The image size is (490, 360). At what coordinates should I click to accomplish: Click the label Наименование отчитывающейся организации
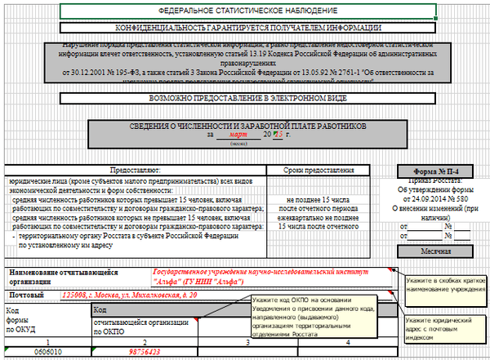[x=64, y=275]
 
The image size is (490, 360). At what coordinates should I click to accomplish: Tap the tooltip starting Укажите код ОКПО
[x=314, y=317]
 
